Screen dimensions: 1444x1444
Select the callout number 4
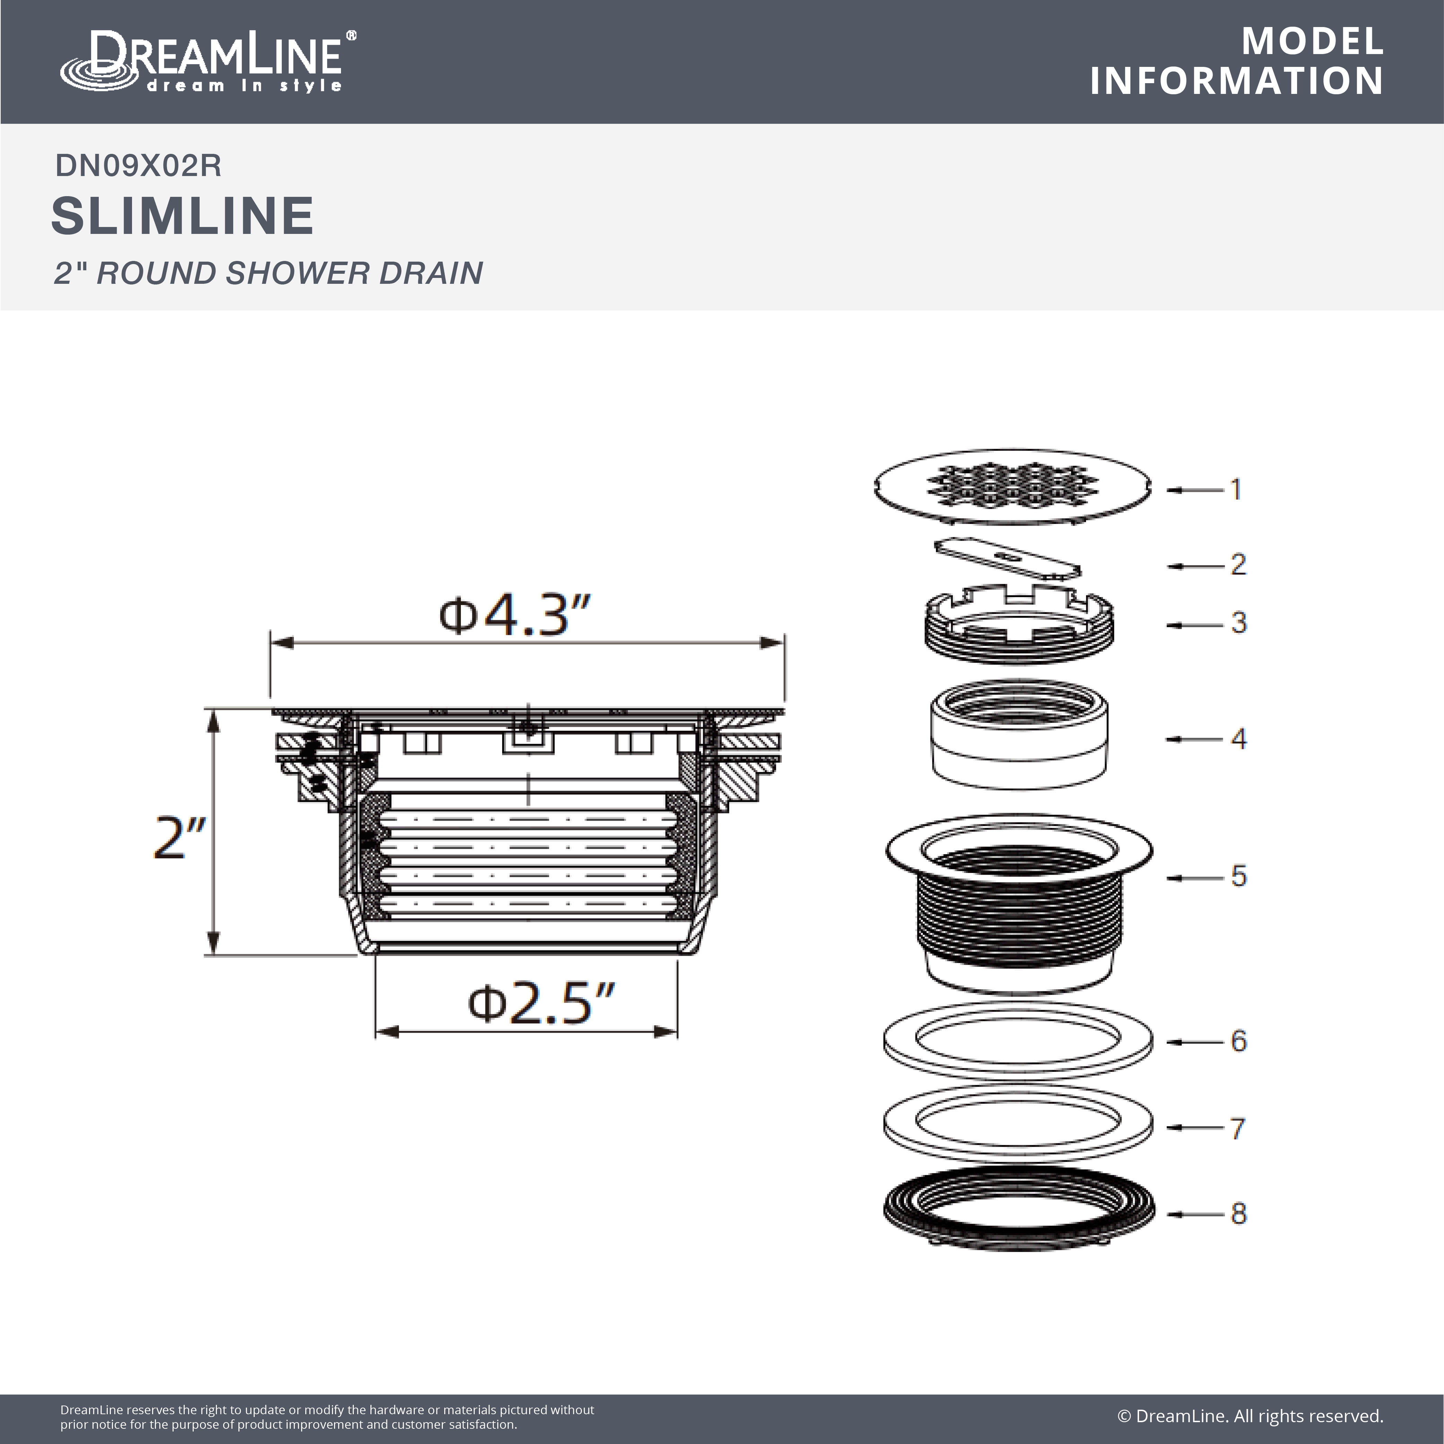pyautogui.click(x=1239, y=738)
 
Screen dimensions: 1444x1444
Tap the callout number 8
pyautogui.click(x=1239, y=1213)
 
